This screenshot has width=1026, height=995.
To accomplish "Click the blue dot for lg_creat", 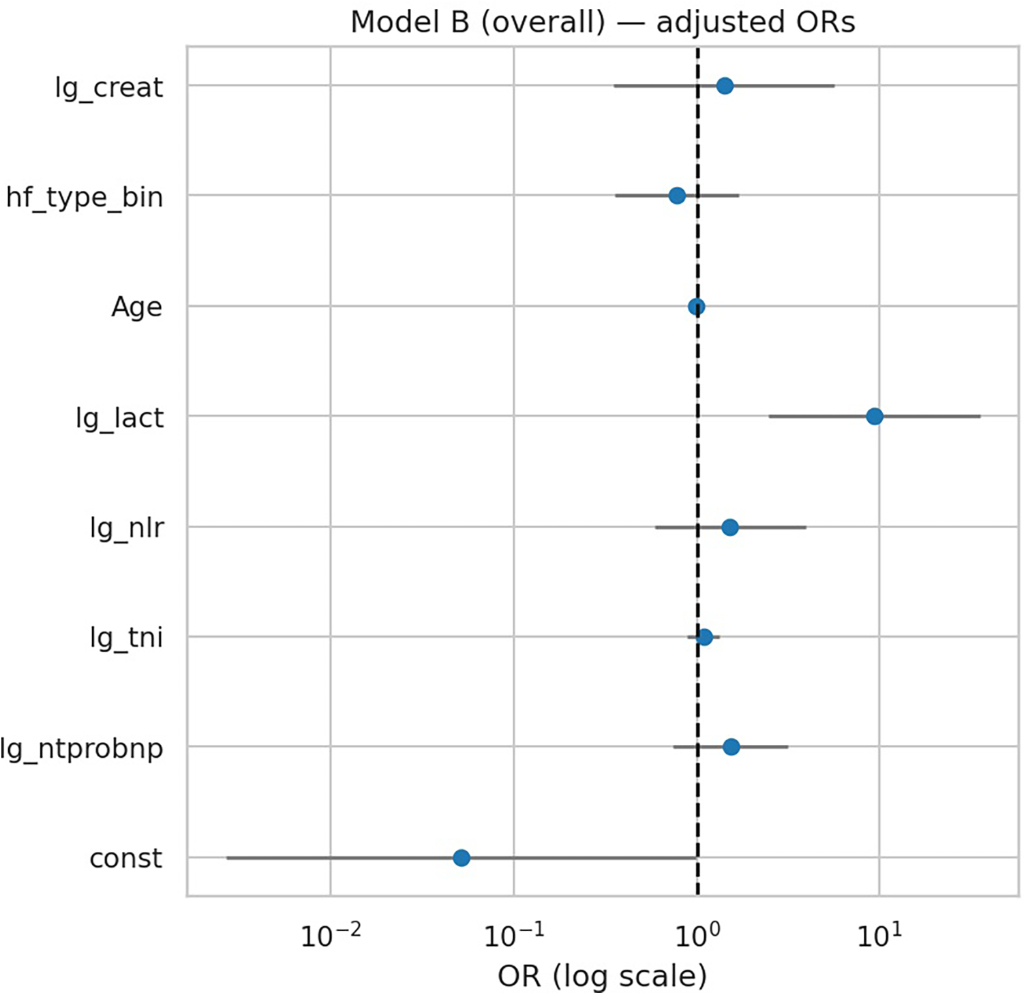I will click(725, 86).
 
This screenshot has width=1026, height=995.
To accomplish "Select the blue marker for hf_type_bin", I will click(677, 196).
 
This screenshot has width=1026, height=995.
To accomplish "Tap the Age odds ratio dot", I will click(696, 307).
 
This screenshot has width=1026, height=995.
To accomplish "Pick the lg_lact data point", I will click(875, 416).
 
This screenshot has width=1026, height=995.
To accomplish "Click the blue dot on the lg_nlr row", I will click(730, 527).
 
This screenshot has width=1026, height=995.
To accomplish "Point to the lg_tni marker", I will click(705, 637).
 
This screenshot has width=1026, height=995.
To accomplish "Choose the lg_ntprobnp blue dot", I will click(731, 747).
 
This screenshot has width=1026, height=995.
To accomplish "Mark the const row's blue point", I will click(462, 857).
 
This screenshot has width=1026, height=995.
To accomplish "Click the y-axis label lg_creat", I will click(109, 87).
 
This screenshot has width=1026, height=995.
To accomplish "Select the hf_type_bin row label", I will click(85, 198).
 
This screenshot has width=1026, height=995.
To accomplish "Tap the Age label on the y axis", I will click(136, 307).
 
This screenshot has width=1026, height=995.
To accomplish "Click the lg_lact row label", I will click(119, 418).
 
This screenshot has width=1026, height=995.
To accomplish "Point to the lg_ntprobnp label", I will click(82, 748).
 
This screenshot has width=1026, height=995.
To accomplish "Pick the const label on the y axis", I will click(126, 858).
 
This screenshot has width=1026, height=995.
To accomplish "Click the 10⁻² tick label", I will click(331, 936).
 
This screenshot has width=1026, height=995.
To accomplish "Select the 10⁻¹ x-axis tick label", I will click(514, 936).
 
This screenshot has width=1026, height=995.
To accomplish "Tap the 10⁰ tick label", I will click(697, 936).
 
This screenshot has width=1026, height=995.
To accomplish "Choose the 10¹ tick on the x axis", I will click(879, 936).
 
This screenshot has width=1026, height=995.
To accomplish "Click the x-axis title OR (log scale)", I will click(603, 976).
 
